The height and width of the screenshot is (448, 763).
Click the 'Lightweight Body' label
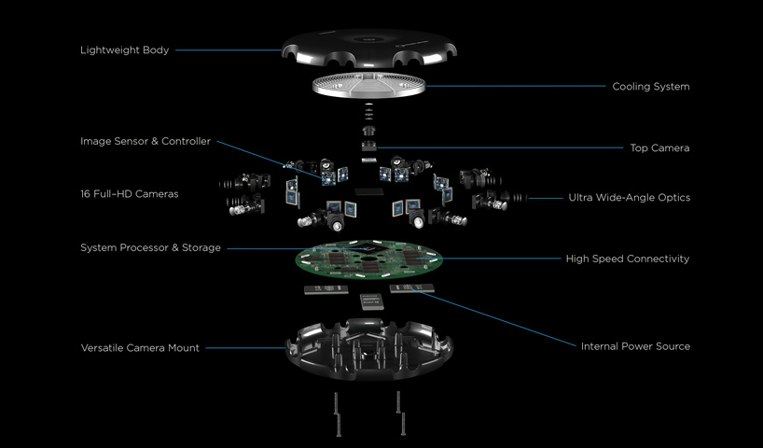tap(124, 49)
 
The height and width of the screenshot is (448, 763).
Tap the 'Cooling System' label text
tap(650, 87)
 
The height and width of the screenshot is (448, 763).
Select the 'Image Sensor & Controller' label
tap(146, 142)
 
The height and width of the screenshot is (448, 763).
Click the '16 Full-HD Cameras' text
tap(129, 194)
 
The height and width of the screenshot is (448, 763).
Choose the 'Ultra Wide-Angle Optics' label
tap(629, 198)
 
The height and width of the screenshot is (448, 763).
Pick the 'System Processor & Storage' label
tap(150, 247)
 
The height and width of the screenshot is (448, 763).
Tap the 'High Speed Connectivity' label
tap(627, 259)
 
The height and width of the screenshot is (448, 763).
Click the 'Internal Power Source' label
tap(635, 346)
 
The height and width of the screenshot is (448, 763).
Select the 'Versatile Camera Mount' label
tap(140, 348)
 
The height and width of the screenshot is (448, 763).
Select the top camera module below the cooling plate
tap(369, 139)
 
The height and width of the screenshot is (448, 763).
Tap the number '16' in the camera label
tap(86, 194)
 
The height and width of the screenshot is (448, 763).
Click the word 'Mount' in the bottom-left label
tap(183, 348)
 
